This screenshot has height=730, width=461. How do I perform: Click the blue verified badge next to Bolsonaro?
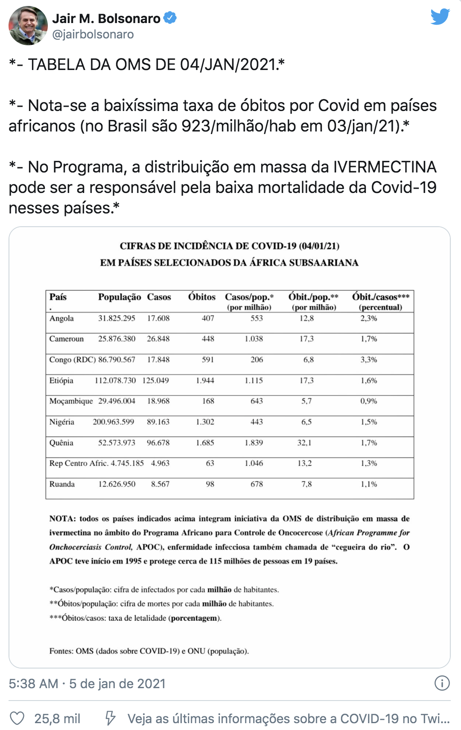pyautogui.click(x=170, y=18)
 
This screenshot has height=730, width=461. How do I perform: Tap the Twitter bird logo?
pyautogui.click(x=440, y=17)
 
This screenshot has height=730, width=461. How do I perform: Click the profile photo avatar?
pyautogui.click(x=28, y=26)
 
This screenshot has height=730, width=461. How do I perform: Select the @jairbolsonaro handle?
pyautogui.click(x=93, y=34)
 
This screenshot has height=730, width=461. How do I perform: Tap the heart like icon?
pyautogui.click(x=17, y=718)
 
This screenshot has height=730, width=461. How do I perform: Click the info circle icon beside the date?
pyautogui.click(x=442, y=683)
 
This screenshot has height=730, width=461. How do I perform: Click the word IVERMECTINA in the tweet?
pyautogui.click(x=385, y=167)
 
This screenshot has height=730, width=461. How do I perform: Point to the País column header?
pyautogui.click(x=58, y=297)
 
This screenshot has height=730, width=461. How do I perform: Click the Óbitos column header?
pyautogui.click(x=201, y=297)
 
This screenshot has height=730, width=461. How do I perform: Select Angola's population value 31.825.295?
pyautogui.click(x=117, y=318)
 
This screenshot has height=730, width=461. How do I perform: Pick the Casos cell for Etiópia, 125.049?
pyautogui.click(x=155, y=380)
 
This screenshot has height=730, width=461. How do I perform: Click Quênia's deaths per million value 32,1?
pyautogui.click(x=304, y=443)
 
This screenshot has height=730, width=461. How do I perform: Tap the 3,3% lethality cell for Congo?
pyautogui.click(x=368, y=360)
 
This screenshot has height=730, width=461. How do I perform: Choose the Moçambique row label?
pyautogui.click(x=71, y=401)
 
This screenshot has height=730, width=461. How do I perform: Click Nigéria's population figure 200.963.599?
pyautogui.click(x=114, y=422)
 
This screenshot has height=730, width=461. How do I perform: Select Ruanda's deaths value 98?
pyautogui.click(x=210, y=484)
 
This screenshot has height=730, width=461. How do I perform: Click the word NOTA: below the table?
pyautogui.click(x=63, y=519)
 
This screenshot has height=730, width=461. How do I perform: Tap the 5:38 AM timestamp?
pyautogui.click(x=33, y=683)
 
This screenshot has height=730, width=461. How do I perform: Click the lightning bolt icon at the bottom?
pyautogui.click(x=110, y=718)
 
